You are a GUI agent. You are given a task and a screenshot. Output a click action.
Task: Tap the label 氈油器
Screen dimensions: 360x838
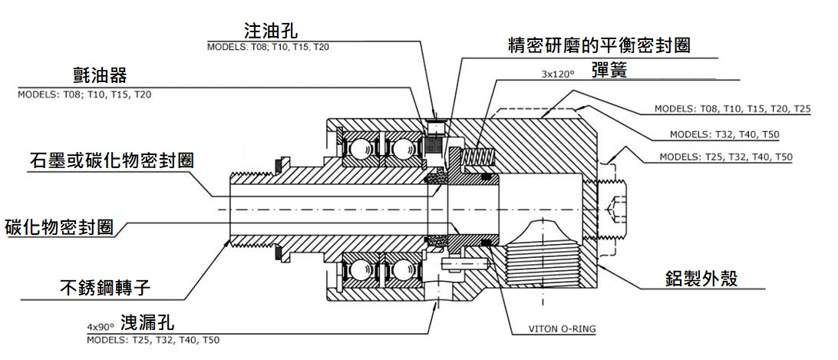pos(96,77)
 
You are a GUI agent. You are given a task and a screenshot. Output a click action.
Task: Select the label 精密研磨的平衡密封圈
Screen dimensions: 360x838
pos(599,45)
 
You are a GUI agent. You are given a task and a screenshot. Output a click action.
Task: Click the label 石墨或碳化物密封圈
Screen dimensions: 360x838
pos(111,161)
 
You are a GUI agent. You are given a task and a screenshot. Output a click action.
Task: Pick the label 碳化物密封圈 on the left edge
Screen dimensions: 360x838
pos(59,227)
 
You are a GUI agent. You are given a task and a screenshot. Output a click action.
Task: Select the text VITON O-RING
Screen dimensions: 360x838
pos(563,329)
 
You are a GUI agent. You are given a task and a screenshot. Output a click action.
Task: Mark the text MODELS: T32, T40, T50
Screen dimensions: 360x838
pos(724,134)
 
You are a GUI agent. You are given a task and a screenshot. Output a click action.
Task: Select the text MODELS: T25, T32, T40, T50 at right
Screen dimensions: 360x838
pos(726,157)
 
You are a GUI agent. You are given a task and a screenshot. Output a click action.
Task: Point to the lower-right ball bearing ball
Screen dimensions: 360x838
pos(401,272)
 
